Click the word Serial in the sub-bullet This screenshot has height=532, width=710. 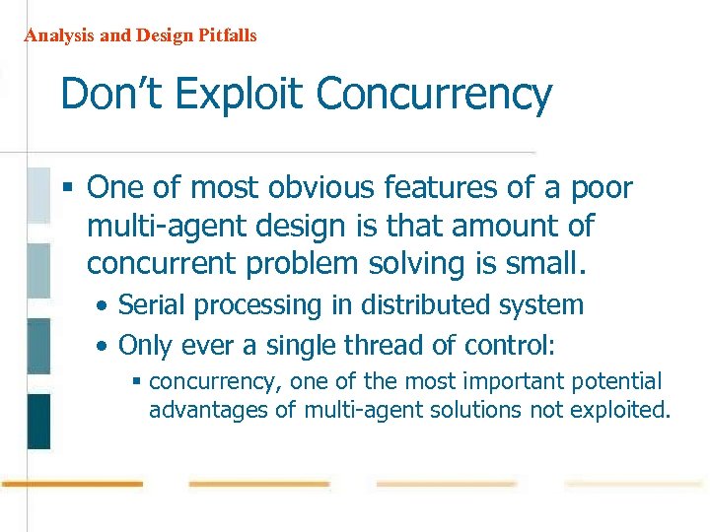(150, 305)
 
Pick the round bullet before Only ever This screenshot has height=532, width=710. (103, 346)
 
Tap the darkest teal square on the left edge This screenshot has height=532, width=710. (37, 421)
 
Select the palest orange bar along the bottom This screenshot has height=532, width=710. (634, 484)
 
